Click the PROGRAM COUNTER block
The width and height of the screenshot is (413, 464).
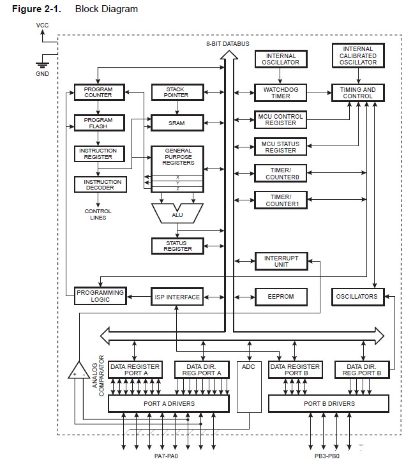[98, 92]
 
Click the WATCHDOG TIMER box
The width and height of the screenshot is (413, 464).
[276, 92]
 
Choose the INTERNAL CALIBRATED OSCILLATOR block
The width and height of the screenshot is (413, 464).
[357, 56]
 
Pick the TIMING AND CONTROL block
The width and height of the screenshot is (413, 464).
[359, 92]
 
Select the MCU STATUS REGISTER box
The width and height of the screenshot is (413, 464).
[280, 146]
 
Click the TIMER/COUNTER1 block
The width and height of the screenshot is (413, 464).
[280, 200]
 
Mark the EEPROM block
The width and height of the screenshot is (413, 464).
[280, 297]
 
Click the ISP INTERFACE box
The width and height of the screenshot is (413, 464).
[177, 297]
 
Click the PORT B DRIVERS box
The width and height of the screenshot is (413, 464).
[329, 403]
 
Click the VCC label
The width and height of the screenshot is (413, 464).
[42, 26]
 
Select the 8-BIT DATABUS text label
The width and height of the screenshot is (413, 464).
[228, 43]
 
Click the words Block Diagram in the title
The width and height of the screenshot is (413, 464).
[106, 9]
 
